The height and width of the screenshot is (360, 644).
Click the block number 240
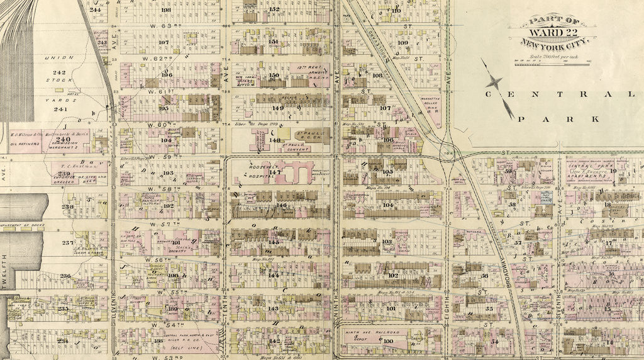click(x=64, y=138)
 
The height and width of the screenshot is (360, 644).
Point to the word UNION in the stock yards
click(x=58, y=57)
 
